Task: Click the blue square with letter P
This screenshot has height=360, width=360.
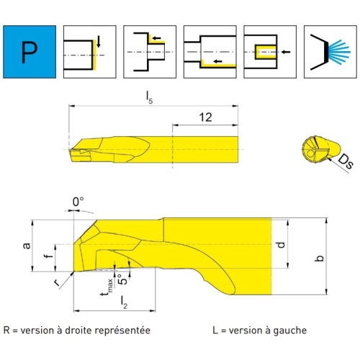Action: click(x=30, y=52)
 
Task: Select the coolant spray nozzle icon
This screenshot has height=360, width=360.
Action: click(x=330, y=52)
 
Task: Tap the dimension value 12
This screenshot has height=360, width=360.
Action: click(x=206, y=117)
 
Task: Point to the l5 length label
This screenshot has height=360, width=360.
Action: click(x=149, y=98)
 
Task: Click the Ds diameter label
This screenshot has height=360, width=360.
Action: click(x=346, y=161)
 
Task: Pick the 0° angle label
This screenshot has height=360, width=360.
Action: click(x=78, y=202)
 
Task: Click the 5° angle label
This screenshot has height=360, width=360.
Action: click(x=123, y=279)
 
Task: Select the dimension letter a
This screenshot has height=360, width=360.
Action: click(x=27, y=246)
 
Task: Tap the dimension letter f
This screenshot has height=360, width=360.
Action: click(x=49, y=256)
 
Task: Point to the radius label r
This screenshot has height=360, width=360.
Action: click(x=57, y=283)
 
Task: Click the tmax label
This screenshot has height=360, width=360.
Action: click(x=107, y=287)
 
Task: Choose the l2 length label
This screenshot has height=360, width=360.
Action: click(x=124, y=302)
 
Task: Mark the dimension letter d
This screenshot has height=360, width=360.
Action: click(x=281, y=245)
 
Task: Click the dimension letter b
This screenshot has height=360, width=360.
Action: click(x=320, y=258)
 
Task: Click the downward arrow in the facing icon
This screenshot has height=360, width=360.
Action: click(x=99, y=41)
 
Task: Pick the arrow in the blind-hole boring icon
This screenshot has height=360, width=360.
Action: click(x=286, y=52)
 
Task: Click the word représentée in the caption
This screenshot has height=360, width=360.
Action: click(x=122, y=331)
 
